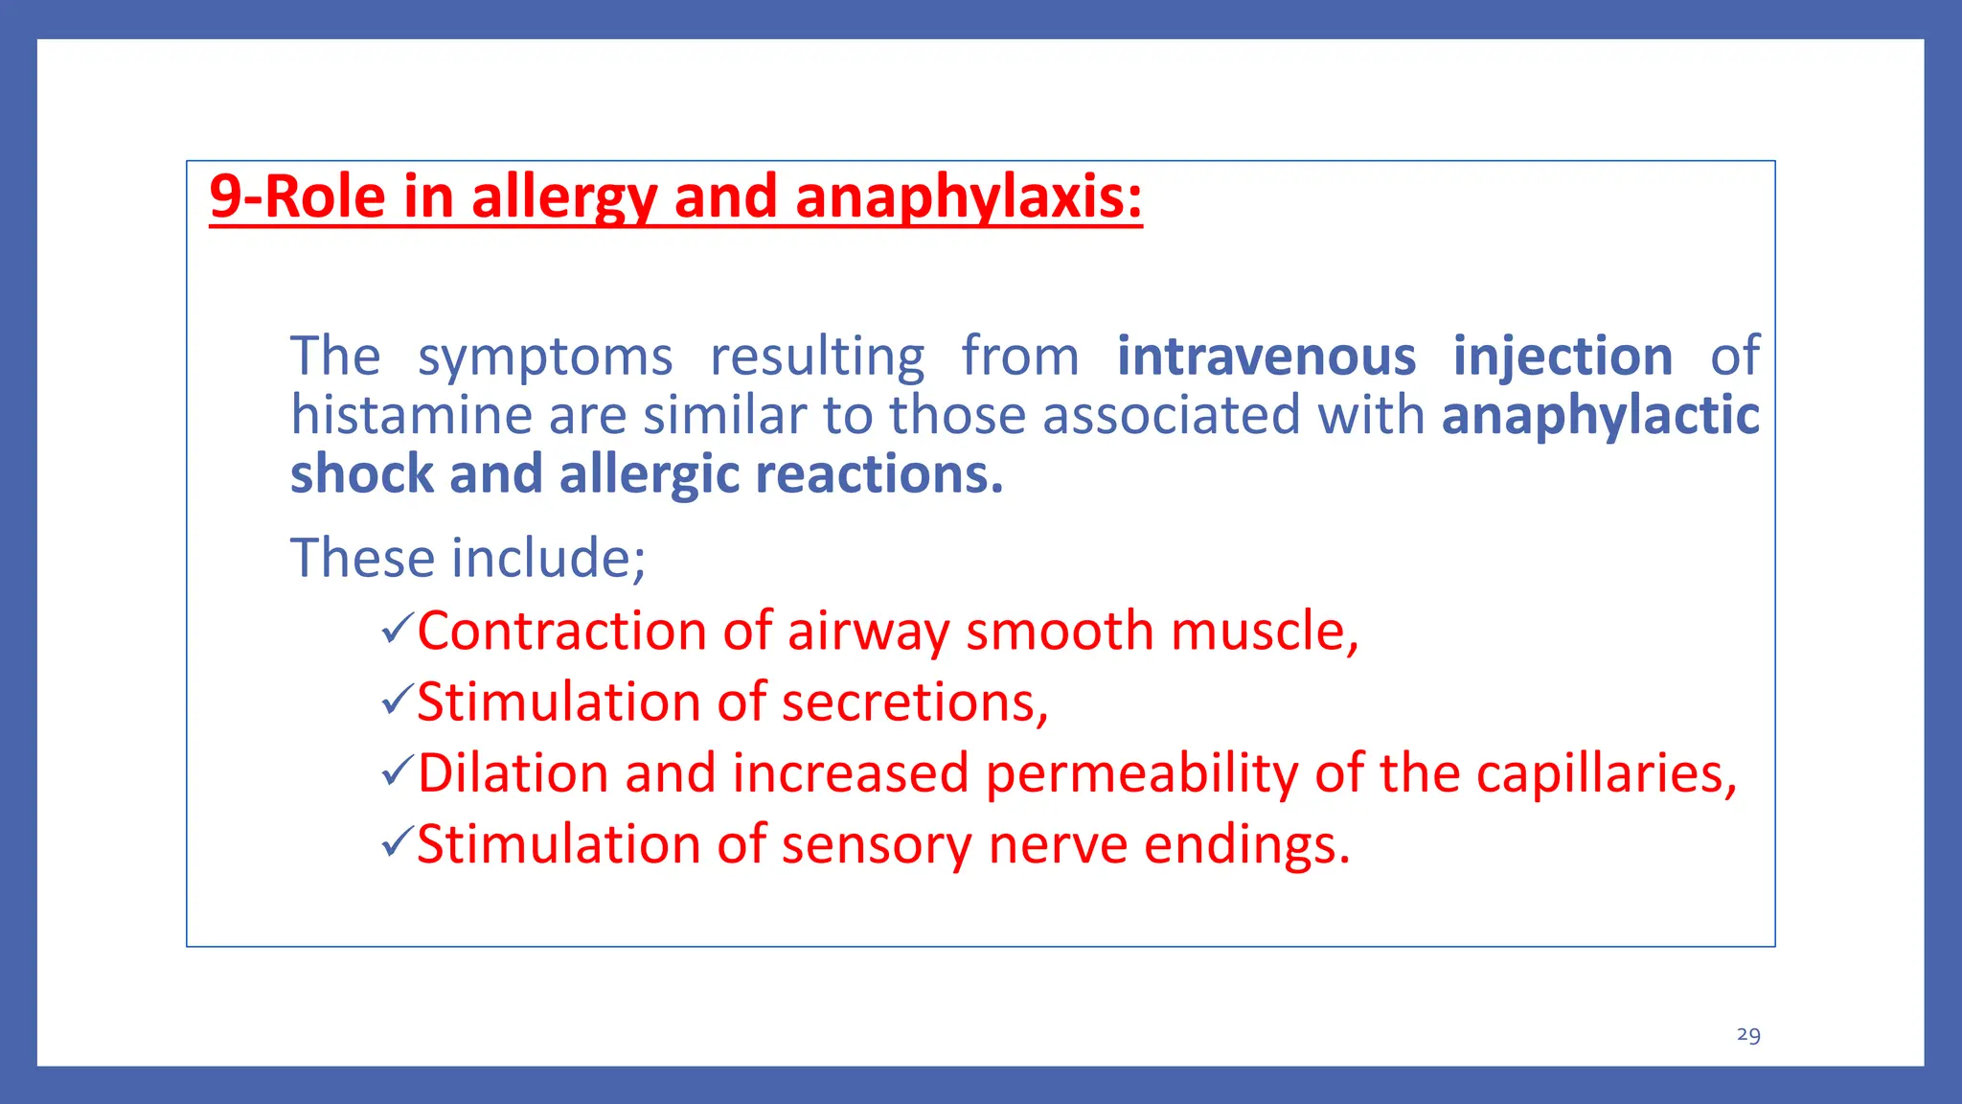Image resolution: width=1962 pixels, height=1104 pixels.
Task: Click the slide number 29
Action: pos(1748,1035)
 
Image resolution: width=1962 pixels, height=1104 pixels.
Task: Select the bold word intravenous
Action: pos(1266,356)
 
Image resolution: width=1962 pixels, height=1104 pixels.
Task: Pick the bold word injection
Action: pos(1563,356)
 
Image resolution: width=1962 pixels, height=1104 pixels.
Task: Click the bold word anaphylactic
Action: pos(1601,416)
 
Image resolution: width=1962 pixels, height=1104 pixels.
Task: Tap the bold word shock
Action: pos(361,474)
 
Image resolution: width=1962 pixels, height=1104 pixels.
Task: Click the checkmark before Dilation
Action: pos(397,771)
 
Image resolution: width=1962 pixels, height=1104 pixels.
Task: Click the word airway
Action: pos(868,632)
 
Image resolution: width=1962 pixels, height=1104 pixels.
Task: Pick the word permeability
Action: pos(1141,773)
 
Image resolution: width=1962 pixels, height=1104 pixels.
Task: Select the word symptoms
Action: pos(545,356)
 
